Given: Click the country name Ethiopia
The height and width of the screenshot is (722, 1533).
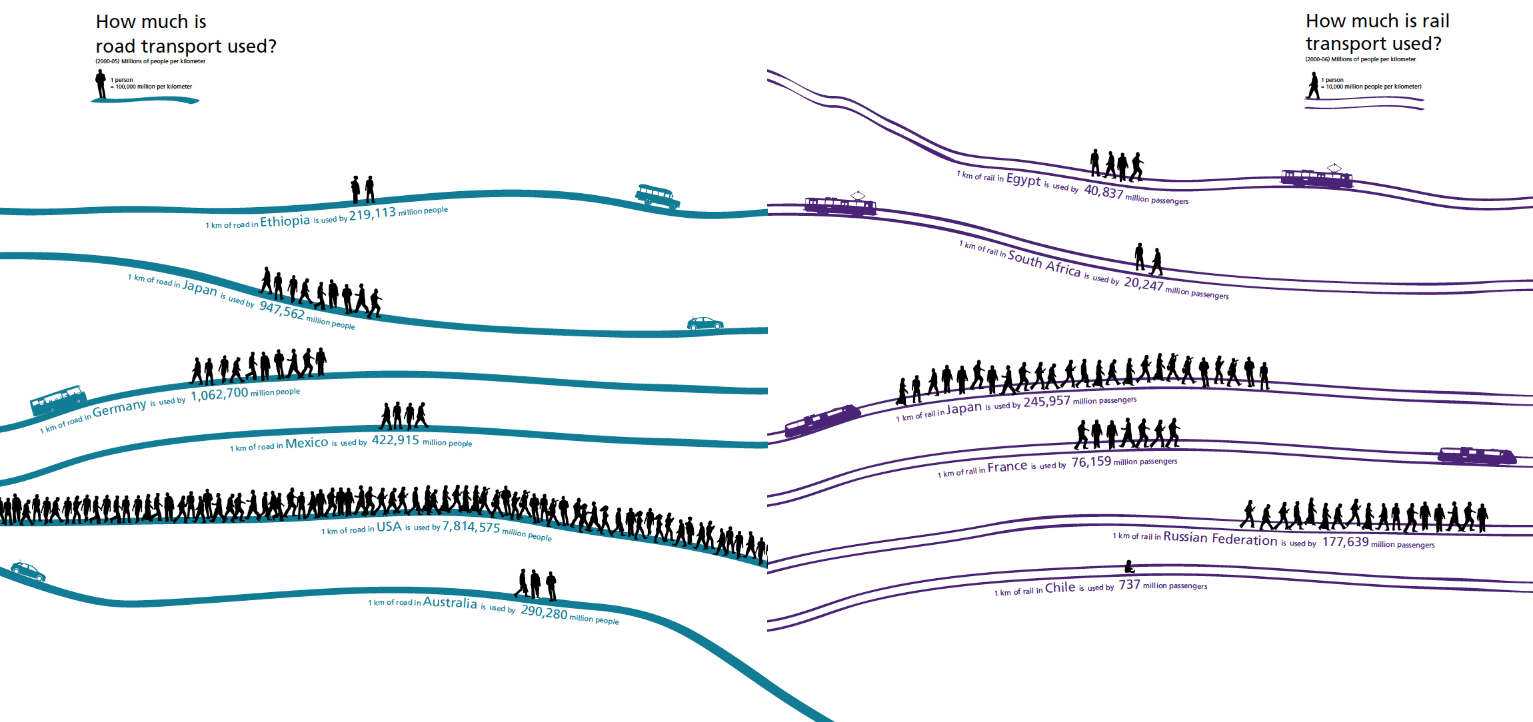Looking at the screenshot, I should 285,221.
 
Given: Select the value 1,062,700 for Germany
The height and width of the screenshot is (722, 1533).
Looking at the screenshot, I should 219,394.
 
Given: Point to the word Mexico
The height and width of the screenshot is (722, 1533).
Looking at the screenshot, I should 307,443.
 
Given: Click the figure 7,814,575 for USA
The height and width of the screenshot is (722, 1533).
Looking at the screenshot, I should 471,527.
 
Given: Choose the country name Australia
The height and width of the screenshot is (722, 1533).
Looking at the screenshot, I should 450,602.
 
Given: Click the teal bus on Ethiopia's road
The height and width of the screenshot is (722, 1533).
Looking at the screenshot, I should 657,196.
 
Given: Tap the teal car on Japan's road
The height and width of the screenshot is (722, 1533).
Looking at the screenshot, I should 705,324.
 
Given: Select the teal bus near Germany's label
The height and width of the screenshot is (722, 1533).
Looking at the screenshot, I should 59,400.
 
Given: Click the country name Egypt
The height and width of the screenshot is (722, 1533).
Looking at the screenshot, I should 1023,179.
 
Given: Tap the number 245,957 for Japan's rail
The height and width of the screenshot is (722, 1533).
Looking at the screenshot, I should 1046,402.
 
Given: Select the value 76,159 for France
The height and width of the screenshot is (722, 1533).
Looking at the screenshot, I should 1091,462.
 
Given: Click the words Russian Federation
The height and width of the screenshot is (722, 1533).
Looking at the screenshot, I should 1220,538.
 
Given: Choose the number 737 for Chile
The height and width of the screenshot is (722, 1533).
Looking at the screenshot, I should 1129,585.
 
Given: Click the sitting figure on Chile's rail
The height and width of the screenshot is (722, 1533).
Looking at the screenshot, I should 1129,567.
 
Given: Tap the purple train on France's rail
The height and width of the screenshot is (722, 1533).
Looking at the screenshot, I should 1477,456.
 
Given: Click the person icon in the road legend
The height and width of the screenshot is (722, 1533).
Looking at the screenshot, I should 101,85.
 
